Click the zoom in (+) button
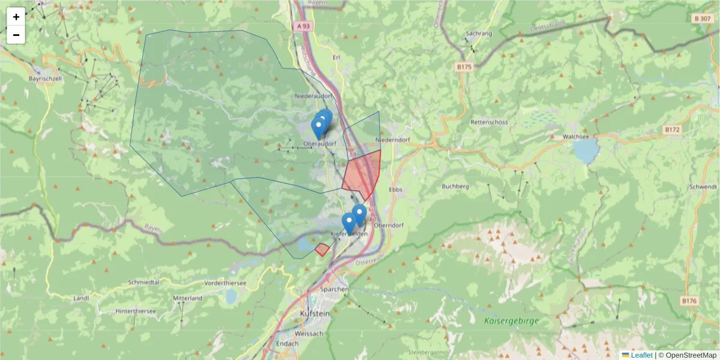16,17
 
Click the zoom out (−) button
16,35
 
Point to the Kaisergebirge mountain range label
511,321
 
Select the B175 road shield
463,68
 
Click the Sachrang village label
478,34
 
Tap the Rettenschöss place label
490,122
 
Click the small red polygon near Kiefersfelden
322,249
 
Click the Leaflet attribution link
641,355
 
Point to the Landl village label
80,298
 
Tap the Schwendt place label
703,187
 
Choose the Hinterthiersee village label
136,311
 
